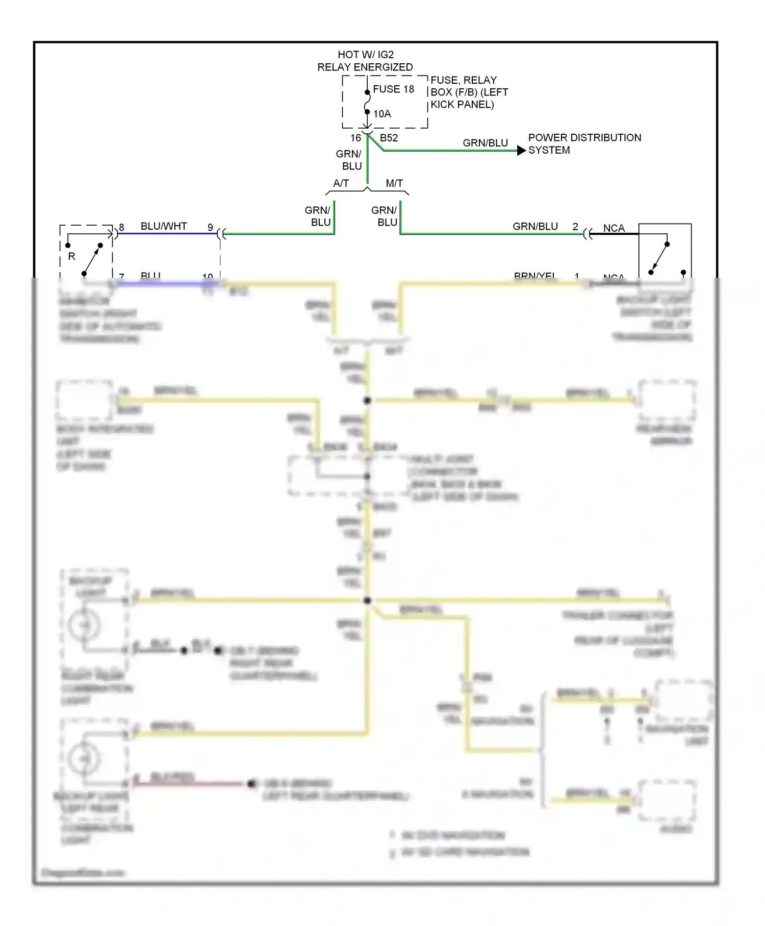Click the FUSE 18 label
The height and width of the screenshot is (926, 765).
393,89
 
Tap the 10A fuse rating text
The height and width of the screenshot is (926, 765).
382,114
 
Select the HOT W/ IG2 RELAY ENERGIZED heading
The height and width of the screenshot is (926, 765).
365,61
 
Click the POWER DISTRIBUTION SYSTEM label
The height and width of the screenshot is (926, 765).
584,144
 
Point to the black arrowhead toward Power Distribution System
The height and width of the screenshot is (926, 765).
521,151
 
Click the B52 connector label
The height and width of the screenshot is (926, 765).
389,138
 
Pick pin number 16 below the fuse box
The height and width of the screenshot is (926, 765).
355,138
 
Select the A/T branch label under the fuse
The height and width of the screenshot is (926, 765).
341,183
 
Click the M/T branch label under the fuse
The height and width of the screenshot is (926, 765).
394,183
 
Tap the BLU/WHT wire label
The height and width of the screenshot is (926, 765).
164,226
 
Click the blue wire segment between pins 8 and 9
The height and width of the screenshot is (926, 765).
163,234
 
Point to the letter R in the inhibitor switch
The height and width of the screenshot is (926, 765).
71,256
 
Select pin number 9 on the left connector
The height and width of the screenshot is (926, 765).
210,227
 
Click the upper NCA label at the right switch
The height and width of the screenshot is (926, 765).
614,228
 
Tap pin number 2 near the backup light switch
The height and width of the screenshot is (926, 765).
575,227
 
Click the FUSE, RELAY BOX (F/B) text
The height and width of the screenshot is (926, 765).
469,92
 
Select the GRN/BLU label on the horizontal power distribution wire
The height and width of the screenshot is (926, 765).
485,143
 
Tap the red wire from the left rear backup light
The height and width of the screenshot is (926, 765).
189,784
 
